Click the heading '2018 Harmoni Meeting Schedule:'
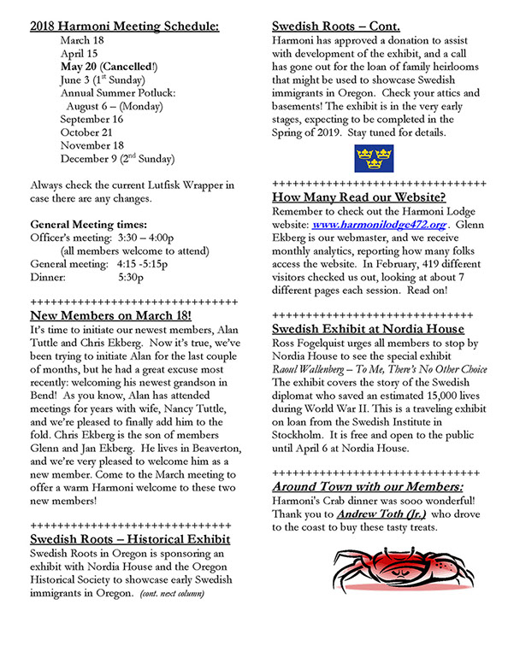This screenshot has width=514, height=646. [x=123, y=26]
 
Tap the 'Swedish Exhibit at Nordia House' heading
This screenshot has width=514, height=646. [x=368, y=329]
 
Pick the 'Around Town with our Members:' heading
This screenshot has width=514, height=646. [x=368, y=485]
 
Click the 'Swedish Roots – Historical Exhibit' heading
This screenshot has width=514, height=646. [x=129, y=539]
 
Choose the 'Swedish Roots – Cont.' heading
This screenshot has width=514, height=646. [x=335, y=26]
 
